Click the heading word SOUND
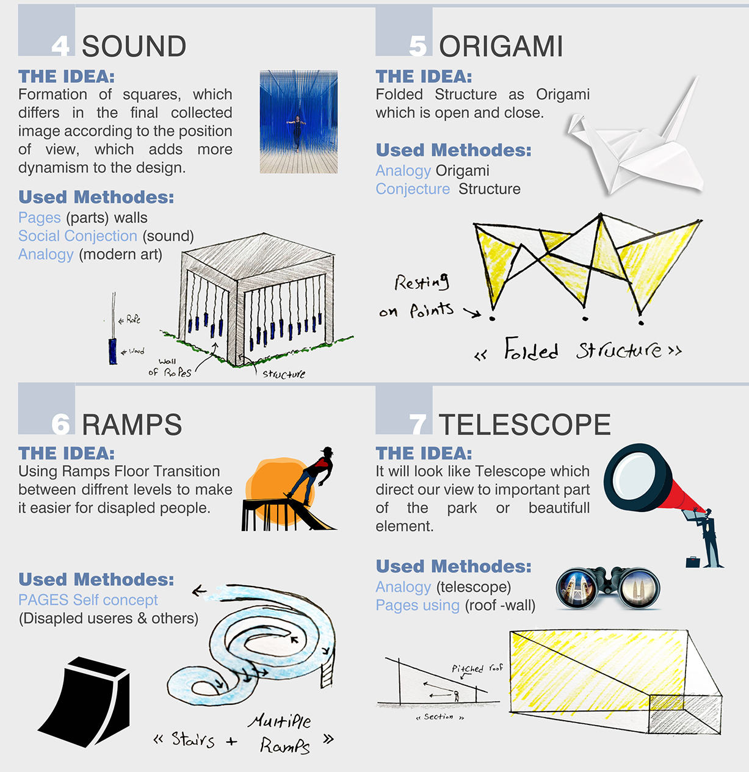pos(134,46)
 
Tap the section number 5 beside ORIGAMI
pos(418,46)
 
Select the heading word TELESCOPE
pos(524,425)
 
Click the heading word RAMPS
pos(132,425)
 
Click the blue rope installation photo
pos(299,121)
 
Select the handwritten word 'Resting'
pos(422,283)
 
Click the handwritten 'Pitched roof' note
pos(477,668)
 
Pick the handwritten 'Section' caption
pos(438,717)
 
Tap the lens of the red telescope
pos(634,476)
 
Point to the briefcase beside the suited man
pos(693,562)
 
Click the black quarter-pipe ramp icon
pos(84,702)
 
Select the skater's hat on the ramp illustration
pos(327,450)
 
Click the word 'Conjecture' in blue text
pos(413,189)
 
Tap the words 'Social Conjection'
pos(78,236)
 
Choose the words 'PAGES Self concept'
pos(88,600)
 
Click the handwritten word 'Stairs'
pos(193,740)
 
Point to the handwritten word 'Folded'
pos(531,349)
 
